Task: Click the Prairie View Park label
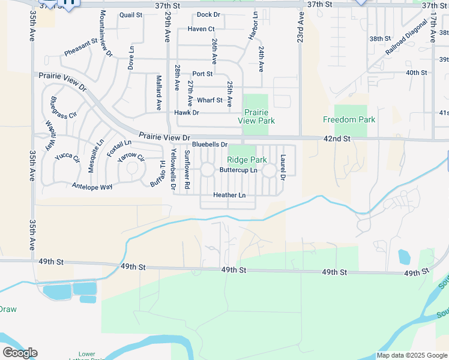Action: click(256, 116)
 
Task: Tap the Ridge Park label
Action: click(247, 160)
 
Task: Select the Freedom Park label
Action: click(349, 119)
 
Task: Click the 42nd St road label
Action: click(337, 139)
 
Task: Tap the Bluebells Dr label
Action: click(210, 145)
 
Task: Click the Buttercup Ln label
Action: click(238, 170)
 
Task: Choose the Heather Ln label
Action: click(229, 196)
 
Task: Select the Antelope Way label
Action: click(92, 187)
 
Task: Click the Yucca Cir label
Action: click(67, 158)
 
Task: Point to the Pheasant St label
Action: click(81, 47)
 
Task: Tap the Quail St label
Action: click(131, 14)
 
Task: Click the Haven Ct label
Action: click(201, 29)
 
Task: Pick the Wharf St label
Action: click(209, 100)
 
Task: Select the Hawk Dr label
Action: click(186, 113)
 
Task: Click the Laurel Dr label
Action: click(283, 167)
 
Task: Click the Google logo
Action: click(20, 353)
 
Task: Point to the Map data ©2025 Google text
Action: click(412, 355)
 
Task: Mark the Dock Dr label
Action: click(208, 14)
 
